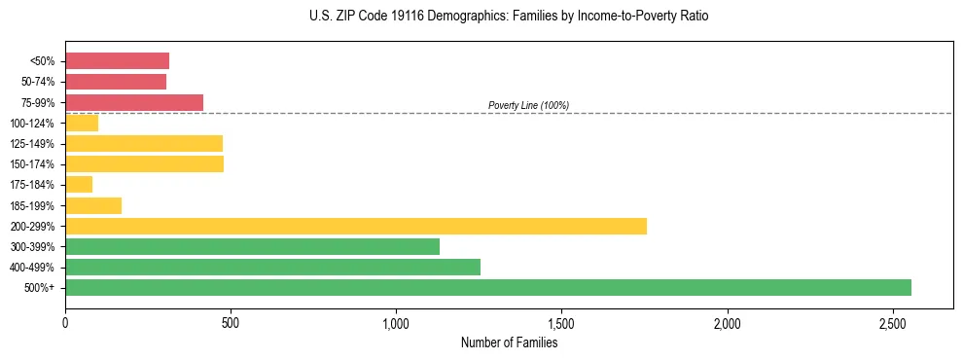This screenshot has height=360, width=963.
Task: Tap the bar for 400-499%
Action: [272, 267]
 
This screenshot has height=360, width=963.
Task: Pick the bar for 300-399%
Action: [252, 246]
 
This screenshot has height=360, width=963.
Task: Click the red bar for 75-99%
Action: [134, 102]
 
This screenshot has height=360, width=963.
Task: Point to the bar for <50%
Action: [117, 60]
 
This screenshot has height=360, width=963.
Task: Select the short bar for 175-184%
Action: [79, 184]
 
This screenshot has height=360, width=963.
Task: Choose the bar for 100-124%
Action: [82, 123]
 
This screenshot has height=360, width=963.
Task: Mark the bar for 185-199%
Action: [93, 205]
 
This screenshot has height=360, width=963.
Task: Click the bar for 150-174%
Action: [144, 163]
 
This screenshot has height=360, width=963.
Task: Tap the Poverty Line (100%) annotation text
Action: [528, 105]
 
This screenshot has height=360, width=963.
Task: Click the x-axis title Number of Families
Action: [509, 342]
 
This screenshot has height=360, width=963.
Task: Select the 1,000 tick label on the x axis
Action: [397, 322]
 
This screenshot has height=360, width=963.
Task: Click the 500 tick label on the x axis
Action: [231, 322]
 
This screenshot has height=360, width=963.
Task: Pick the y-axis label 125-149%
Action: [31, 144]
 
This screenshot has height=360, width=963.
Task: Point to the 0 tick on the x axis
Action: [65, 322]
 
